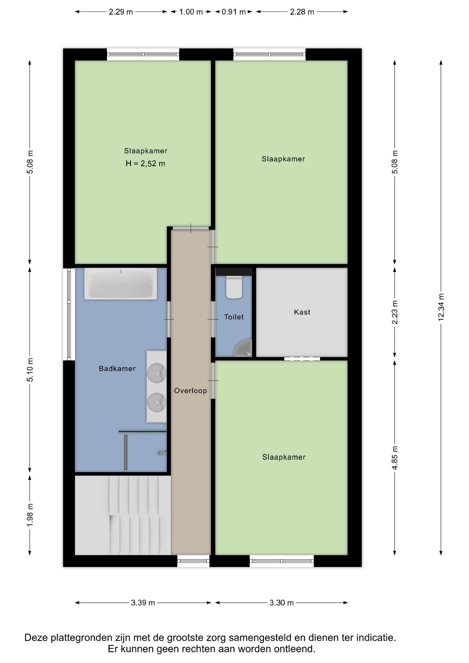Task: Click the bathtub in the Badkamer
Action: coord(121,284)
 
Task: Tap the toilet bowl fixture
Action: coord(234,287)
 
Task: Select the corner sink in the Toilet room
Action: coord(244,349)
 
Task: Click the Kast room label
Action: coord(302,312)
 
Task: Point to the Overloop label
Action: coord(190,391)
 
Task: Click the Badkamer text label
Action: coord(117,368)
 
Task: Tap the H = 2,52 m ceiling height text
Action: coord(145,164)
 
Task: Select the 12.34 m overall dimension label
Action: coord(441,307)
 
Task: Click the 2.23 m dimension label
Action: coord(395,312)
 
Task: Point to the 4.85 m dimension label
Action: coord(395,458)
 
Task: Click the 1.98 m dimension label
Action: coord(30,515)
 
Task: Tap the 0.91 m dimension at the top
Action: coord(234,12)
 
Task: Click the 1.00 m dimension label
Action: coord(191,12)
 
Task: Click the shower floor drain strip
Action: coord(126,452)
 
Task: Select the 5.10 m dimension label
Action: coord(30,370)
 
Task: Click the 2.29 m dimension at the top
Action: coord(121,12)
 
